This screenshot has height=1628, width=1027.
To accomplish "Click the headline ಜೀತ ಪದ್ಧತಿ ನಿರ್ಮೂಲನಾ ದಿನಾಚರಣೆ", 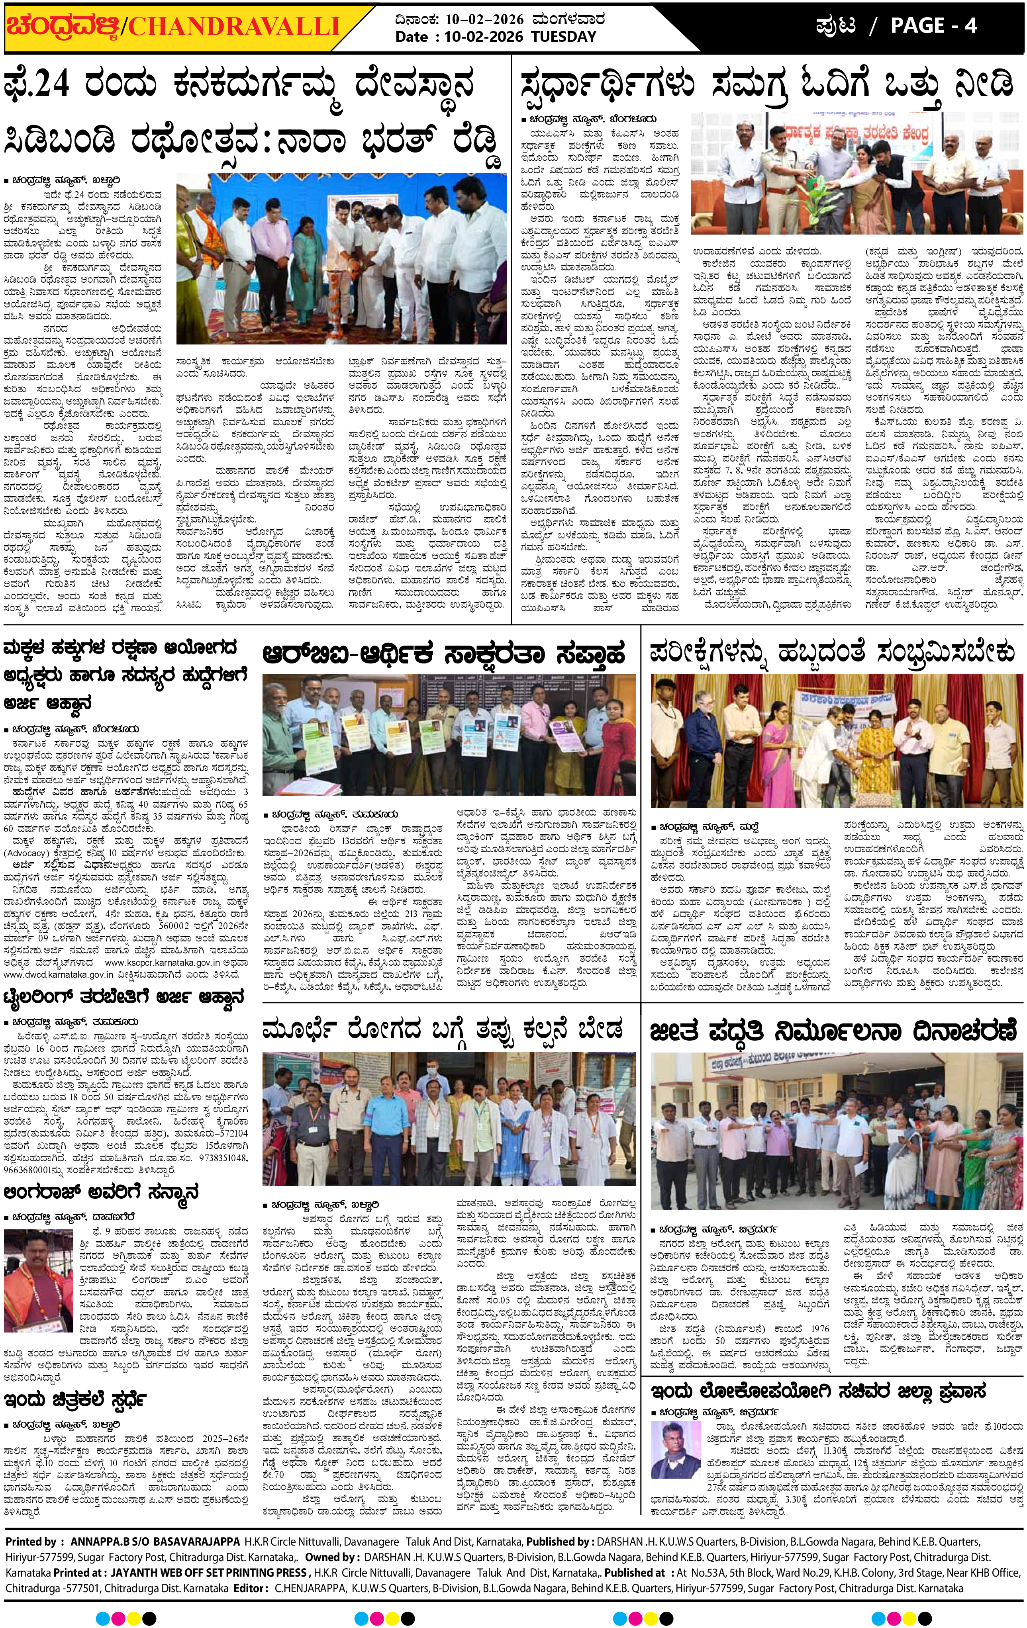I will click(833, 1032).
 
